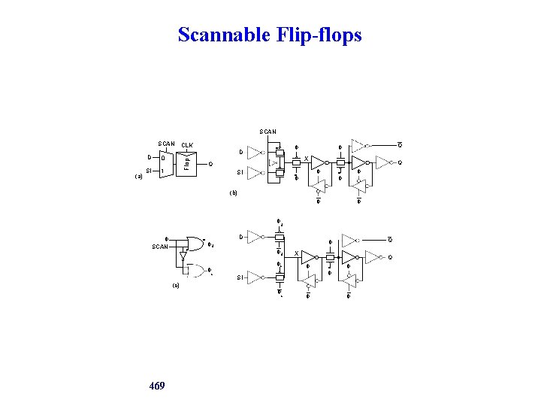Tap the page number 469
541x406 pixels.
pos(157,386)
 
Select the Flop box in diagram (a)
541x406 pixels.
pos(186,161)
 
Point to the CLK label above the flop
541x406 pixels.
pos(187,144)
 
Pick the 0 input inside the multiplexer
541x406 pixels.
pos(164,158)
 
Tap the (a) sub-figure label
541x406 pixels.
pos(138,177)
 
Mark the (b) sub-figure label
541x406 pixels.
pos(233,192)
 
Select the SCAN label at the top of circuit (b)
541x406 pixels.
pos(267,132)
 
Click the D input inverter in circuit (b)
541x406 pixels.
pos(256,153)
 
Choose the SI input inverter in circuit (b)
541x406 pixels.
pos(256,173)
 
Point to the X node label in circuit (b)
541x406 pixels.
pos(305,158)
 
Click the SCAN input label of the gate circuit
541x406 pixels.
pos(160,246)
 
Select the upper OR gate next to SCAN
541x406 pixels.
pos(193,242)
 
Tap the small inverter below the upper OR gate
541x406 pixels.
pos(183,257)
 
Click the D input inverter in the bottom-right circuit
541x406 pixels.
pos(256,237)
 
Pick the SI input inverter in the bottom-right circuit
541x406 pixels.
pos(256,277)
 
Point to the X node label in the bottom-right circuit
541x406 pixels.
pos(296,253)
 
